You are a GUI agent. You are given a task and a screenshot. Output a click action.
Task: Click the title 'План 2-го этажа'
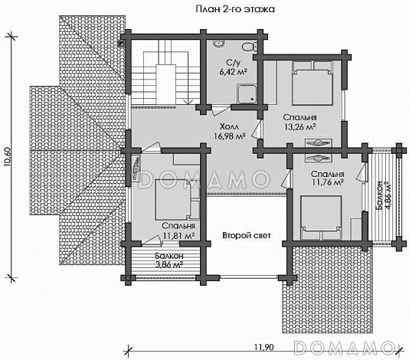[x=235, y=9]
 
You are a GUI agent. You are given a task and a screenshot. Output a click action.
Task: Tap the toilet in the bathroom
[x=248, y=47]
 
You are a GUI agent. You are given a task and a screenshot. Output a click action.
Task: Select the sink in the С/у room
[x=218, y=44]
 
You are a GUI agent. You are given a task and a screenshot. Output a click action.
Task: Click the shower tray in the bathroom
[x=247, y=93]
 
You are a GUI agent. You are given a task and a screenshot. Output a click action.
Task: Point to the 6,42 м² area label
[x=234, y=72]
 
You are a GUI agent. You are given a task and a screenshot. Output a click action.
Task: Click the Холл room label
[x=229, y=127]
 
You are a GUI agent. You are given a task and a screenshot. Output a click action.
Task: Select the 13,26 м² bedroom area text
[x=300, y=127]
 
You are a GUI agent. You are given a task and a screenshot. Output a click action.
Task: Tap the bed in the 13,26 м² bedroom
[x=312, y=83]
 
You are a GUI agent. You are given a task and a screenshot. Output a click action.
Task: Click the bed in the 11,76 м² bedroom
[x=321, y=218]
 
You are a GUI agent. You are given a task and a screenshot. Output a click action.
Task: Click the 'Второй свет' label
[x=247, y=236]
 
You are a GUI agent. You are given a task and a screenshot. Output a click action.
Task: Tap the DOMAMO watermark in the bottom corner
[x=344, y=347]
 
